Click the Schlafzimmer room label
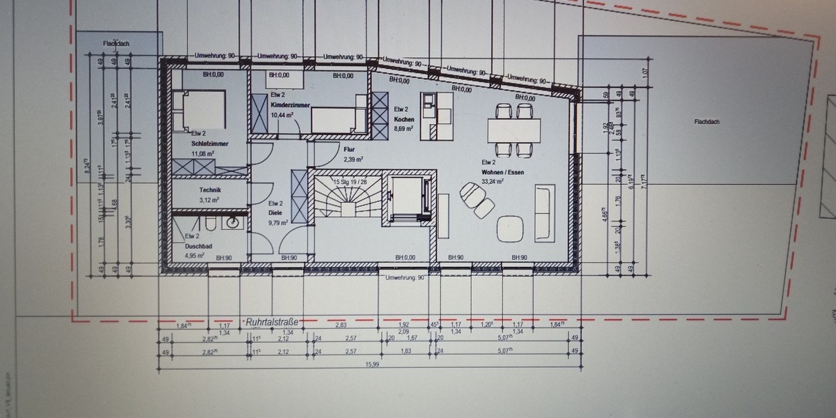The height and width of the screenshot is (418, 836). pyautogui.click(x=210, y=144)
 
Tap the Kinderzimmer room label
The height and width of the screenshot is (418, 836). pyautogui.click(x=291, y=104)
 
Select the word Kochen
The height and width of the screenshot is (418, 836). pyautogui.click(x=403, y=119)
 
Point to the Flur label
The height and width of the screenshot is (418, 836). pyautogui.click(x=350, y=149)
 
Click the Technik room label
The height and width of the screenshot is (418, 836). pyautogui.click(x=210, y=189)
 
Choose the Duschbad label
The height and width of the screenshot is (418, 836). pyautogui.click(x=199, y=246)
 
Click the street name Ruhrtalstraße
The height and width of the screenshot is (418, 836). pyautogui.click(x=272, y=322)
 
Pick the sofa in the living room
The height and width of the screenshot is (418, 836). pyautogui.click(x=544, y=213)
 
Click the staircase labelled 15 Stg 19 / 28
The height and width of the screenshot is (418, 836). pyautogui.click(x=346, y=200)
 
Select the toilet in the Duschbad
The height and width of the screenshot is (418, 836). pyautogui.click(x=208, y=223)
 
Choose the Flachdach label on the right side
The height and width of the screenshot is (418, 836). pyautogui.click(x=706, y=121)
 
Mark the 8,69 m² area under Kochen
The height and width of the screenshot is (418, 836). pyautogui.click(x=403, y=129)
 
